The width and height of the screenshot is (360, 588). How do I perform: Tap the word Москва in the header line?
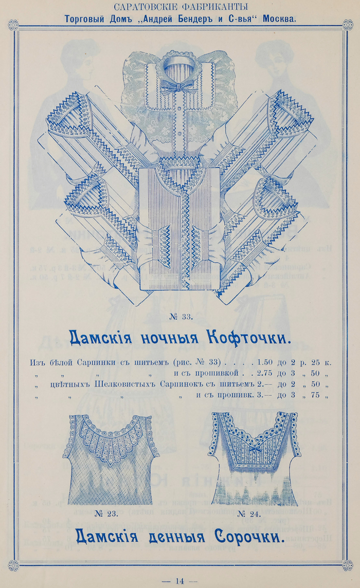click(x=279, y=19)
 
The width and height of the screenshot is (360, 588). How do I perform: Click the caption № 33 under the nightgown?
click(x=181, y=317)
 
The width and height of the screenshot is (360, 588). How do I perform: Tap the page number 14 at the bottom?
click(x=179, y=581)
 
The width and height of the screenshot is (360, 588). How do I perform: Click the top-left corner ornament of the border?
click(x=13, y=25)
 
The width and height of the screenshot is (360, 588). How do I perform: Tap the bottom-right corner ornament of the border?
click(x=347, y=565)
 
